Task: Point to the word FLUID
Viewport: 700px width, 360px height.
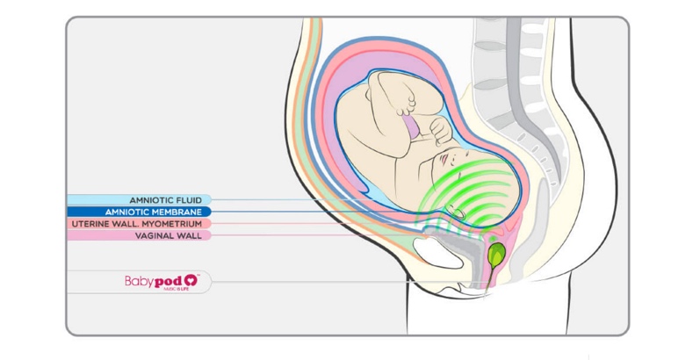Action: point(193,200)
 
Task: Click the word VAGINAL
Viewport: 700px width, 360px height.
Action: point(155,235)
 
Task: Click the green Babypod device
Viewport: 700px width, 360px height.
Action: point(495,255)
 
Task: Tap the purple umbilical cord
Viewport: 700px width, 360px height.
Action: point(410,132)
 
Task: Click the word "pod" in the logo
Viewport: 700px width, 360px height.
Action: point(167,281)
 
